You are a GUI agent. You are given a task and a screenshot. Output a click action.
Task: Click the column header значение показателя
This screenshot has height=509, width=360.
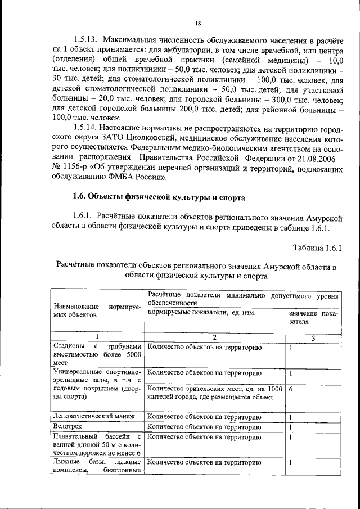tap(313, 317)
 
